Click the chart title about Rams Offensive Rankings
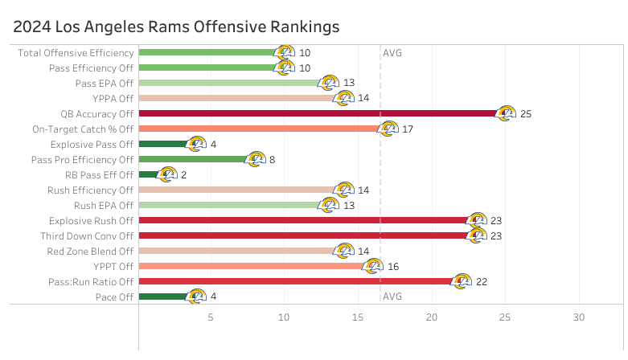(176, 27)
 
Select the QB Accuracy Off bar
(322, 113)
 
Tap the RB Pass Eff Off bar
(149, 174)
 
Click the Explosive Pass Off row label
(91, 144)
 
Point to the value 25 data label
(526, 114)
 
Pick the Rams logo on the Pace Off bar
(196, 297)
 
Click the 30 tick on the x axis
(578, 317)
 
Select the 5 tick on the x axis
(211, 317)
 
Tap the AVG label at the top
(392, 53)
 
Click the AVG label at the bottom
(392, 297)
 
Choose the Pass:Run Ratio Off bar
(298, 281)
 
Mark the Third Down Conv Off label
(87, 236)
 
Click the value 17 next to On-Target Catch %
(408, 129)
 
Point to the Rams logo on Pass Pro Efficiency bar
(255, 159)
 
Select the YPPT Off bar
(253, 266)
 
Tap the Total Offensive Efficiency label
(76, 53)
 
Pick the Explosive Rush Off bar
(306, 220)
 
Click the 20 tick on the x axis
(432, 317)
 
